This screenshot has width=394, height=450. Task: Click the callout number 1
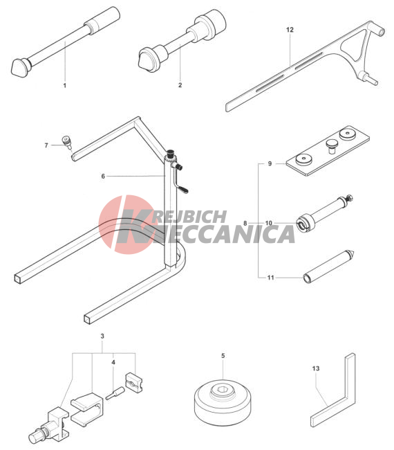(65, 85)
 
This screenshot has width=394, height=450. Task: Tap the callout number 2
(180, 85)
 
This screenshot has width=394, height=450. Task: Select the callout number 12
(290, 30)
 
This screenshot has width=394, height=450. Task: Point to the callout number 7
(46, 145)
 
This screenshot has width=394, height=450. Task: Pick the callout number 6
(103, 177)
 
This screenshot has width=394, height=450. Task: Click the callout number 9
(270, 163)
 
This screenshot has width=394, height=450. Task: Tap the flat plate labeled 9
(328, 150)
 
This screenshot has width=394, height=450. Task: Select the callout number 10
(268, 223)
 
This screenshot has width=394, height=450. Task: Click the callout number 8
(245, 223)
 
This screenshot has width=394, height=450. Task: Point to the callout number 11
(271, 278)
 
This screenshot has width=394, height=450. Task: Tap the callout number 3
(102, 336)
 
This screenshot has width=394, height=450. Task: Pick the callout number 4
(113, 363)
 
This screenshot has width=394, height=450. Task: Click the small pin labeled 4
(115, 393)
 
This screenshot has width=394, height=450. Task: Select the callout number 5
(223, 356)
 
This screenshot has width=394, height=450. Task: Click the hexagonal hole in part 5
(221, 390)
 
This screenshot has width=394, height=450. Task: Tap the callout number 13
(315, 368)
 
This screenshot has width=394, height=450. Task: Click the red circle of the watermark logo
(126, 224)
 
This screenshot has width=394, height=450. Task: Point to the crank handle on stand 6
(180, 181)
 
